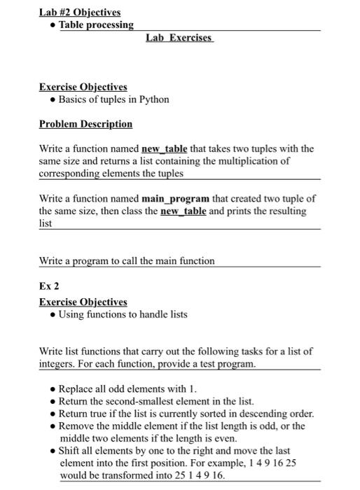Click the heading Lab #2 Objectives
(80, 12)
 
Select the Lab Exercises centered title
(179, 37)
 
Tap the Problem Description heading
(85, 124)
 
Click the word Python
(154, 99)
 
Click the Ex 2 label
(48, 286)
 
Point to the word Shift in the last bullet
(70, 451)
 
